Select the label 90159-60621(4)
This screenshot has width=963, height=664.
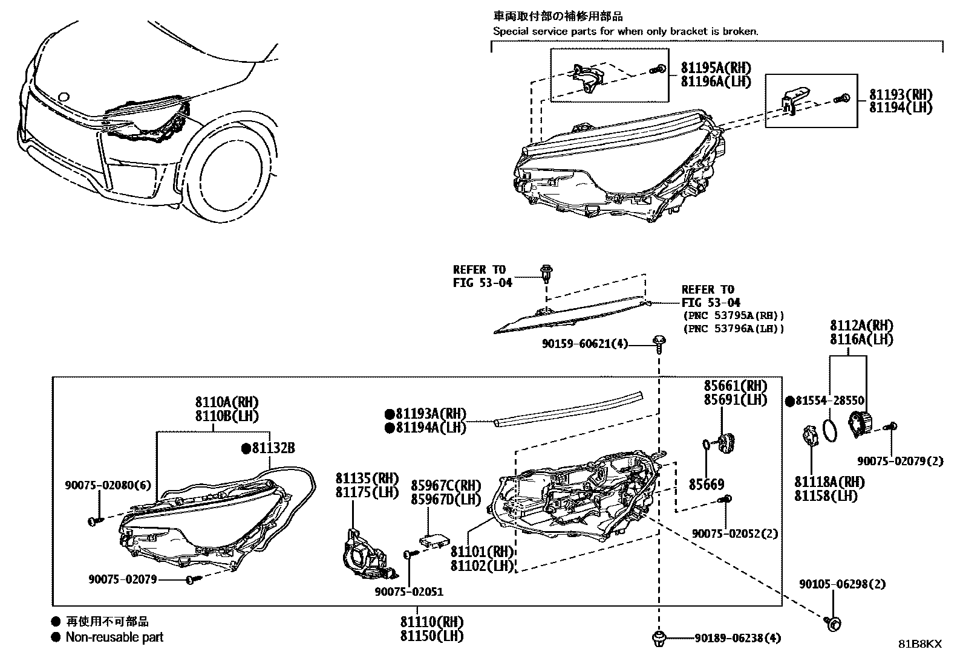584,344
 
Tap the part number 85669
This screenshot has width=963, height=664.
707,485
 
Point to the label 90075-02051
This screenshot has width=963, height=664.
408,591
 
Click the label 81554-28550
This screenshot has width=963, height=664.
830,401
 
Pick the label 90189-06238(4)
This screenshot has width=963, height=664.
737,637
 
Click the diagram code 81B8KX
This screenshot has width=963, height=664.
919,644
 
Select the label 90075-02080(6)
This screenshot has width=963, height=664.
108,485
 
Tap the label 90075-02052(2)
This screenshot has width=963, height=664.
735,534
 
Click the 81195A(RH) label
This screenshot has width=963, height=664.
716,68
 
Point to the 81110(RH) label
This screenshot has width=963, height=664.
431,622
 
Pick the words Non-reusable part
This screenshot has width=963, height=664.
114,637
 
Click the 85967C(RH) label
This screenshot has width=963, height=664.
446,486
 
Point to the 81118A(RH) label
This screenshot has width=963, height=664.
829,482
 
